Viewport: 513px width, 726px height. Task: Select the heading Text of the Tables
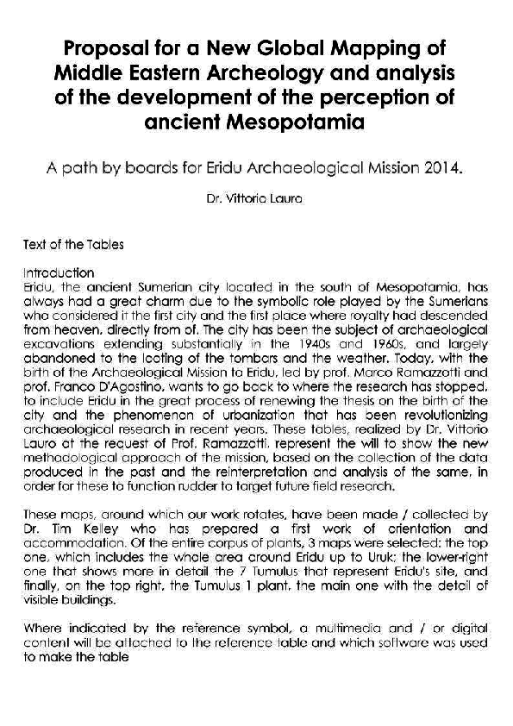pos(73,245)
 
